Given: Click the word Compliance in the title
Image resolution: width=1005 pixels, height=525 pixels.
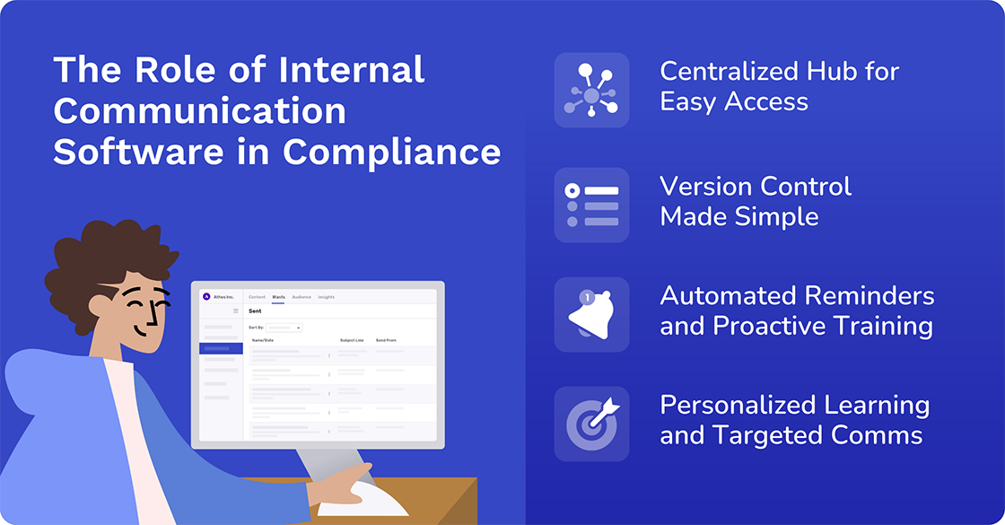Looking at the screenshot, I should (x=392, y=151).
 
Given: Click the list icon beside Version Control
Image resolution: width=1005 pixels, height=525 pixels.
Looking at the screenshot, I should (x=591, y=205).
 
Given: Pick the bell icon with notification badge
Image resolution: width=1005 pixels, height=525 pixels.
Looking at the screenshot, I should (x=591, y=315).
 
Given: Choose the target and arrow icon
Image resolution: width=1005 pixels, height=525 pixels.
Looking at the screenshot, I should (x=591, y=424).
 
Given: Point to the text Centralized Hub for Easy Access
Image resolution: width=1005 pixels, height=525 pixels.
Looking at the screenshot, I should (x=779, y=86).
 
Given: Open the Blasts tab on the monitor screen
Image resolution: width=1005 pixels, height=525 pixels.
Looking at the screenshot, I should (x=278, y=297).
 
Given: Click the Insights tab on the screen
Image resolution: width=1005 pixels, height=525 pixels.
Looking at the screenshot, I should (x=326, y=297).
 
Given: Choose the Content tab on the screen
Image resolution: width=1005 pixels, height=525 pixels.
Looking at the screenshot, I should (x=257, y=297).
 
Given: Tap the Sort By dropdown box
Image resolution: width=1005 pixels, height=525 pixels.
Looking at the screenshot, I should (x=284, y=328).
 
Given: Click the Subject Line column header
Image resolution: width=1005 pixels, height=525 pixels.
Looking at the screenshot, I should (x=352, y=340).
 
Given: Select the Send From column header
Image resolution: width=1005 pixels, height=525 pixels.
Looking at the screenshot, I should (x=386, y=340).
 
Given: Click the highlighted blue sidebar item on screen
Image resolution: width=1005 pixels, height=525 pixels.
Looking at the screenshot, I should (x=221, y=348).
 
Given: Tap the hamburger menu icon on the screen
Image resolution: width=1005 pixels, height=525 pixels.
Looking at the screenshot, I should (x=236, y=311).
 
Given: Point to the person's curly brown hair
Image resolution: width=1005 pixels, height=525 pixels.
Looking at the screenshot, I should (x=108, y=251).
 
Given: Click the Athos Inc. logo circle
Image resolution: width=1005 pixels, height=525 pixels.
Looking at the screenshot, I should (x=205, y=297).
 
